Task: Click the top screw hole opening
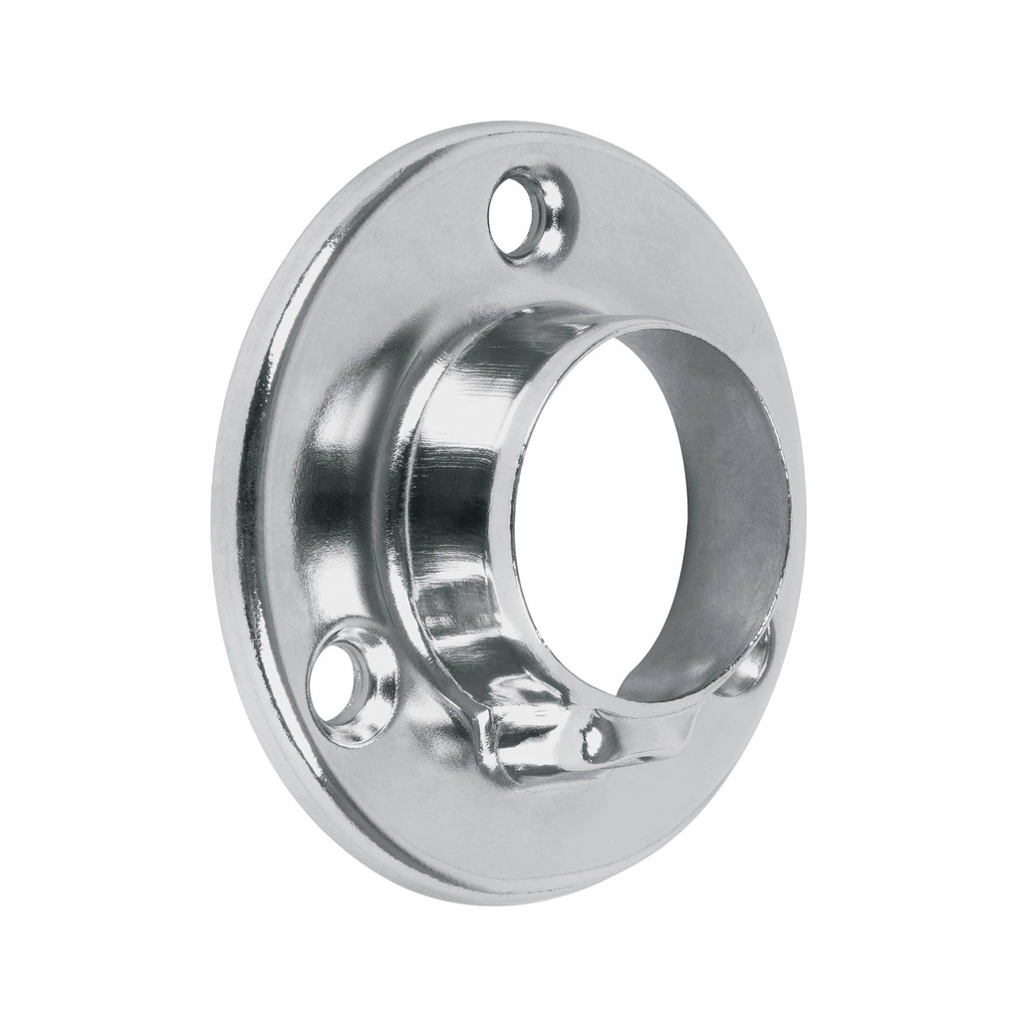point(525,212)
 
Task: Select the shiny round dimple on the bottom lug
point(596,739)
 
